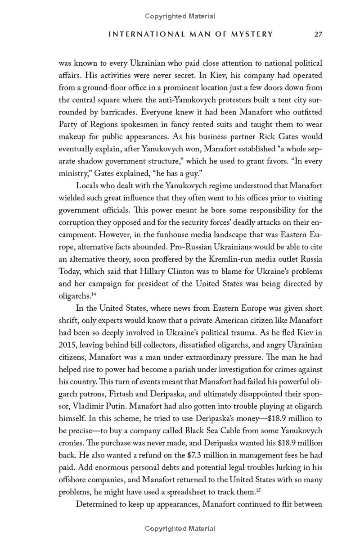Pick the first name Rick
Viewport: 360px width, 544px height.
click(x=267, y=136)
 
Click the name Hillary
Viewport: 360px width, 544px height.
click(x=153, y=272)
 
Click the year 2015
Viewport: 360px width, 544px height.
click(x=68, y=345)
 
